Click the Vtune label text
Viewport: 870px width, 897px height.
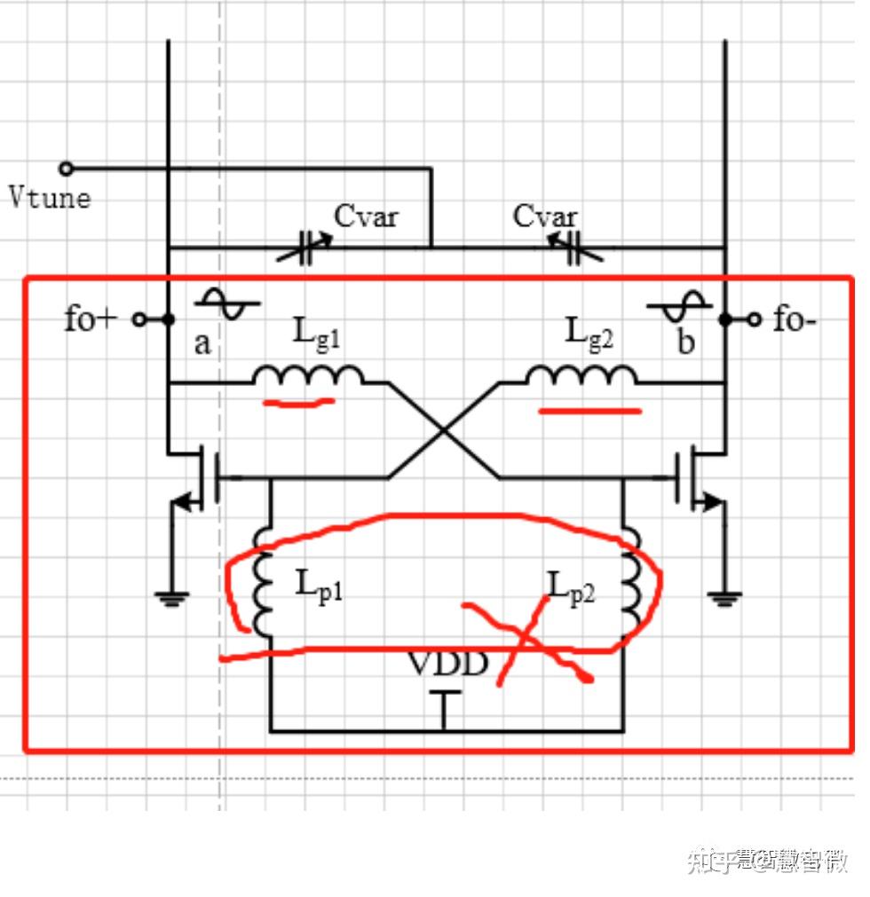click(50, 196)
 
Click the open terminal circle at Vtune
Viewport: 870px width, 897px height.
click(65, 169)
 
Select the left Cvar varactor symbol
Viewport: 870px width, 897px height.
click(305, 249)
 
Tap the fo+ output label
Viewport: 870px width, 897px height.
click(91, 319)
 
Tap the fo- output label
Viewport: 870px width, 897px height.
click(794, 319)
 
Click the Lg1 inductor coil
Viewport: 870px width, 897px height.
click(307, 376)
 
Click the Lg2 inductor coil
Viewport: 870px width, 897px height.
click(581, 376)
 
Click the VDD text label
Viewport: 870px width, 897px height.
click(447, 663)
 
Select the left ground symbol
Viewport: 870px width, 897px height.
click(170, 599)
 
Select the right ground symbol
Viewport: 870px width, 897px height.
click(725, 599)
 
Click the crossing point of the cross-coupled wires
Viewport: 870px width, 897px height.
click(443, 431)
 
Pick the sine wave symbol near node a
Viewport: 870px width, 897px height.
click(227, 303)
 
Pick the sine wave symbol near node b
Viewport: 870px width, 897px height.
click(679, 307)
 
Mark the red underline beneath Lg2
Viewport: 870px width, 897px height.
click(589, 411)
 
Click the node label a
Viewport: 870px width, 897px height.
click(203, 342)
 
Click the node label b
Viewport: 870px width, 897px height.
click(685, 342)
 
